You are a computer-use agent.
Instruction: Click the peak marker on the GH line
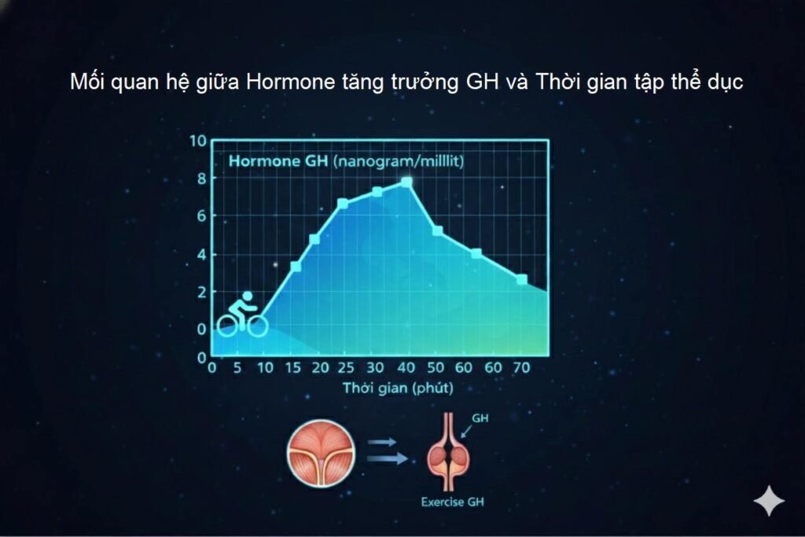pyautogui.click(x=406, y=182)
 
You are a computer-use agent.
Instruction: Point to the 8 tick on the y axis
pyautogui.click(x=201, y=178)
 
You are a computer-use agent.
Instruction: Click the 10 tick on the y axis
pyautogui.click(x=198, y=142)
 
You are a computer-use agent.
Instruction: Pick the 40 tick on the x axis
pyautogui.click(x=406, y=367)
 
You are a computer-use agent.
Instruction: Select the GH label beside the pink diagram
pyautogui.click(x=480, y=419)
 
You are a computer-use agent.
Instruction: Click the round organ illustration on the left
pyautogui.click(x=321, y=453)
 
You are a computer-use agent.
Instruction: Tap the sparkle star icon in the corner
pyautogui.click(x=768, y=501)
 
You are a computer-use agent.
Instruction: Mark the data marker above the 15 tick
pyautogui.click(x=296, y=267)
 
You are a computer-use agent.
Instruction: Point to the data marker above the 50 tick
pyautogui.click(x=438, y=230)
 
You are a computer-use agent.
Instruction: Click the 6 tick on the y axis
pyautogui.click(x=201, y=216)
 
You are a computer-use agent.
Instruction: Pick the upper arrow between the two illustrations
pyautogui.click(x=382, y=442)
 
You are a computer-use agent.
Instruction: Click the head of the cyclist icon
pyautogui.click(x=248, y=296)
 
